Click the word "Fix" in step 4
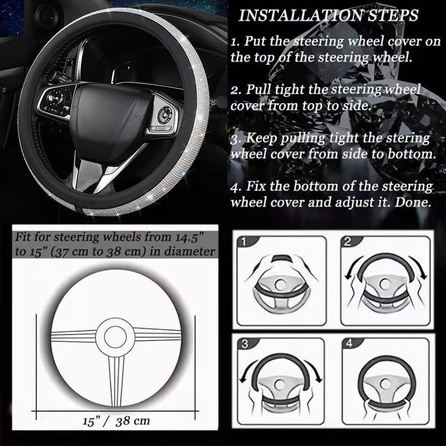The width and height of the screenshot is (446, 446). [x=256, y=186]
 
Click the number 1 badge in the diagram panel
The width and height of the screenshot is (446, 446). [x=244, y=242]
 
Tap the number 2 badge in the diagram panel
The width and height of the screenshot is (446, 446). [x=347, y=242]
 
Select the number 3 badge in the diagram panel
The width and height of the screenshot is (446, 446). [x=245, y=344]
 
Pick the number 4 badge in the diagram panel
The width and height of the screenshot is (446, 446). [x=349, y=343]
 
